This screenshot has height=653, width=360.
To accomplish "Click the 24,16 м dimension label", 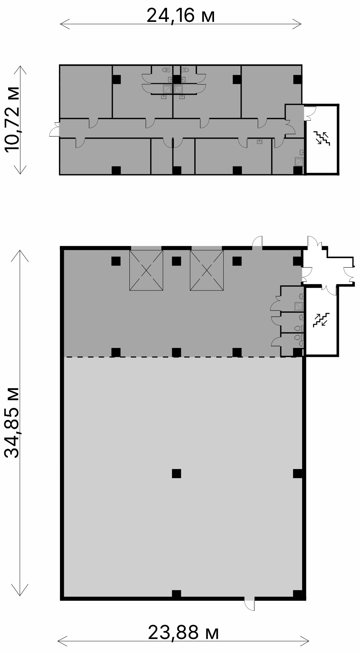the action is (x=181, y=16).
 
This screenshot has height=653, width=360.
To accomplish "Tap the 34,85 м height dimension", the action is (x=12, y=423).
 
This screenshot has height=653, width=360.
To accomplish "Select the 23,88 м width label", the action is (x=183, y=632).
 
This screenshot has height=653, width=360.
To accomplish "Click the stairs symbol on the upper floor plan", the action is (x=322, y=138).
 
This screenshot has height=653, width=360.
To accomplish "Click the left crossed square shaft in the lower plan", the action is (x=146, y=270).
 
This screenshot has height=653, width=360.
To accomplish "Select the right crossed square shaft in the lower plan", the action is (x=207, y=270).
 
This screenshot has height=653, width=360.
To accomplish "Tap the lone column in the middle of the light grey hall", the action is (x=176, y=473).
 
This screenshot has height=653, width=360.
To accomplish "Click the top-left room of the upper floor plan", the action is (x=86, y=92).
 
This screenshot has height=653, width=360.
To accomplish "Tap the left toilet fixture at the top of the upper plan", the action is (x=166, y=70).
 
